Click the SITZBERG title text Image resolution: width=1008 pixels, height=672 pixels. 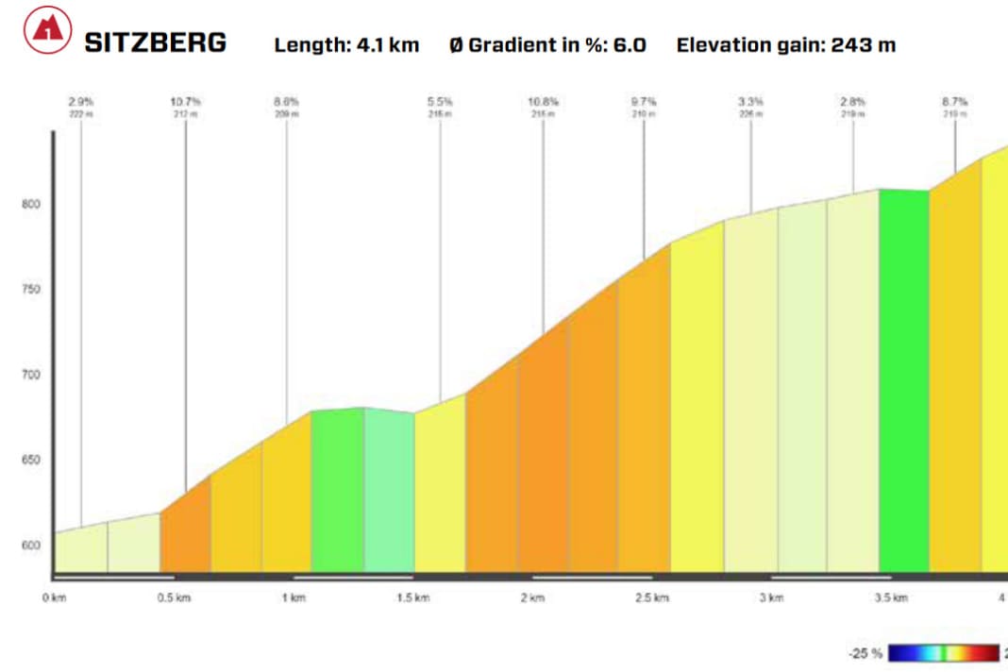156,42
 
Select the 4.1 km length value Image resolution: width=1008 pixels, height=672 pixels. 388,44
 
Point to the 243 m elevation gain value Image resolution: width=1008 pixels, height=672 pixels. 864,44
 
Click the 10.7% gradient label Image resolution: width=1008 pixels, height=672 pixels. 186,101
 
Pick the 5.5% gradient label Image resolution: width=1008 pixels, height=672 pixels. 440,101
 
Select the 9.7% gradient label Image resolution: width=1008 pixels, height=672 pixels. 645,101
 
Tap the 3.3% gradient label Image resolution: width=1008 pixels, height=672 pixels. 751,101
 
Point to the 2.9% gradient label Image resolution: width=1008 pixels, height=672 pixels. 81,101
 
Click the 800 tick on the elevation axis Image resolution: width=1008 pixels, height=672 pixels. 32,204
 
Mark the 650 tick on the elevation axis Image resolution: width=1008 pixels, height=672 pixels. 32,461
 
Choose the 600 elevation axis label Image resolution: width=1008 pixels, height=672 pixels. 32,546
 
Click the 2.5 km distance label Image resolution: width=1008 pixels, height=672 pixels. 651,597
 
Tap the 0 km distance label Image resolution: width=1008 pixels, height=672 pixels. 55,597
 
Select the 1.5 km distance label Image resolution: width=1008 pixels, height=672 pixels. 412,597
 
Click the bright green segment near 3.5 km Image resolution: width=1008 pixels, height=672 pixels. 903,378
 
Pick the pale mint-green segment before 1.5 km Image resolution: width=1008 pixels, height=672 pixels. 389,491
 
